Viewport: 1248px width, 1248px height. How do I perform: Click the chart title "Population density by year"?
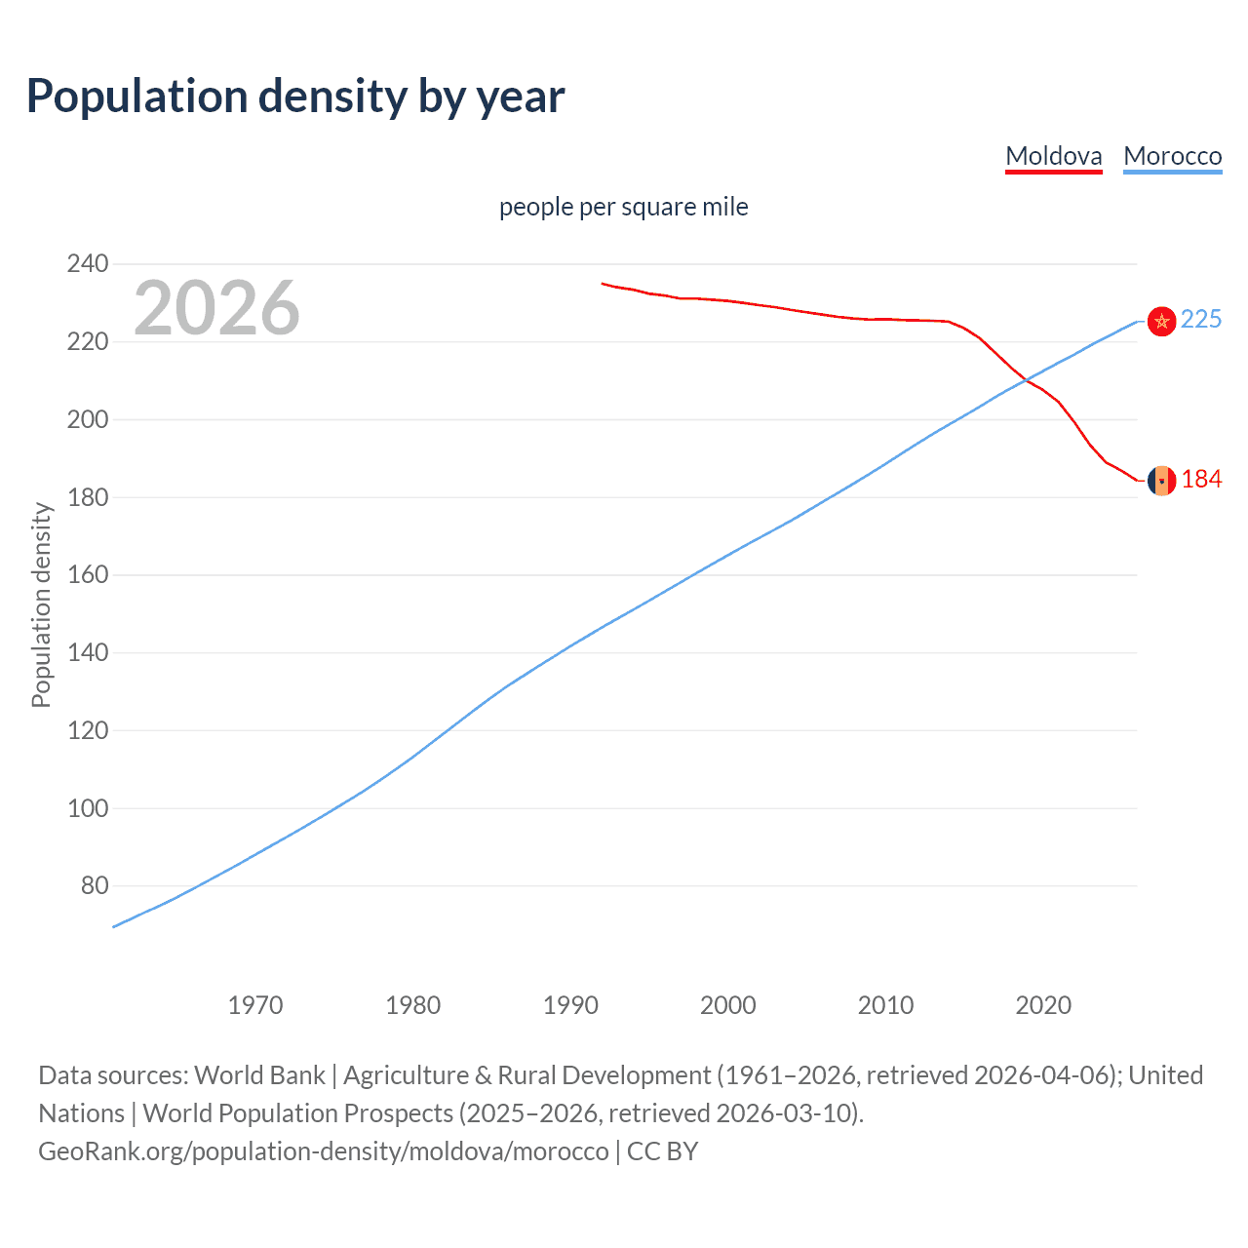[295, 97]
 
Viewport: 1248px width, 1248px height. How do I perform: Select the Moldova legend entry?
[1053, 156]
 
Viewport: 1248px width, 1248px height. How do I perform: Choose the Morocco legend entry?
[1172, 156]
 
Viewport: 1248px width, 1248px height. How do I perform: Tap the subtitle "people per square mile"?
[623, 207]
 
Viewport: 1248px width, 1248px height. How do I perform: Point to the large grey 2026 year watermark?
[216, 308]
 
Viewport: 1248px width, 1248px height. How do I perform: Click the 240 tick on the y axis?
[88, 263]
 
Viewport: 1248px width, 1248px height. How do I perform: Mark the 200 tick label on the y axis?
[88, 419]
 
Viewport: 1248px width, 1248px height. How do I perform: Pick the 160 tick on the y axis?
[88, 575]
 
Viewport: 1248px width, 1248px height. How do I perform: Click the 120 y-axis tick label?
[88, 730]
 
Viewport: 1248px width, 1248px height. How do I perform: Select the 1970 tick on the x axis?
[255, 1005]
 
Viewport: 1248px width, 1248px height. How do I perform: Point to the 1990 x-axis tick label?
[570, 1005]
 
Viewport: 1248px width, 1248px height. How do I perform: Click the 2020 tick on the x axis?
[1043, 1005]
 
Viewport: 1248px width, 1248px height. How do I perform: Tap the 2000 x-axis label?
[728, 1005]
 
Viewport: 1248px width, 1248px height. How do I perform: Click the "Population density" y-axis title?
[41, 604]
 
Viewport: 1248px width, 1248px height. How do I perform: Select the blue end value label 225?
[1201, 320]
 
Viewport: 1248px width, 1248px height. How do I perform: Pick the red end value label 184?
[1201, 480]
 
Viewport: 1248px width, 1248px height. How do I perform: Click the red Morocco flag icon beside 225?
[1161, 321]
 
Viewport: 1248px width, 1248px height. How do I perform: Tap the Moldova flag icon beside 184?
[1161, 480]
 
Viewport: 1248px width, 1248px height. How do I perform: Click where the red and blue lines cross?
[1025, 381]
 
